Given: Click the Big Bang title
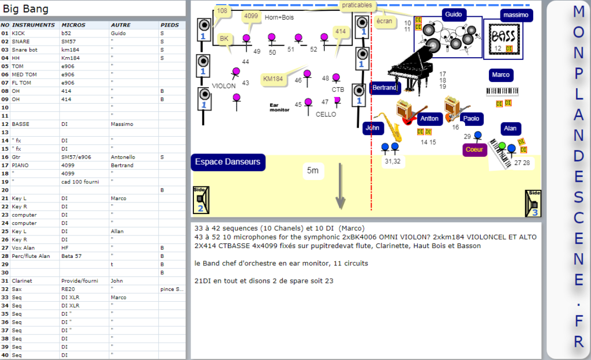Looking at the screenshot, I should point(25,9).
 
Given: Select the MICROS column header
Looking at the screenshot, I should point(73,25).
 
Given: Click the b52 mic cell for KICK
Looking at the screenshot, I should point(66,33).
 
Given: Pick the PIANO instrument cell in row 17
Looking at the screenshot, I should point(20,165).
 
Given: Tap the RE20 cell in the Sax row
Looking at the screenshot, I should point(69,288).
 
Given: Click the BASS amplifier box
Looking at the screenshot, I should point(502,37).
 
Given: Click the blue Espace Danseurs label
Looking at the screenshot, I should point(228,162).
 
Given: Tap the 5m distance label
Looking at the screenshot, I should point(312,170).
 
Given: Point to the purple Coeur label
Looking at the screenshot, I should point(474,149).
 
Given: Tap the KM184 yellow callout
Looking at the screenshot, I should point(273,79).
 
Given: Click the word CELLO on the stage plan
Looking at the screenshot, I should point(326,114).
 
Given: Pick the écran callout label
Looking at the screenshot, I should point(384,21).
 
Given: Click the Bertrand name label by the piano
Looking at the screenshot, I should point(384,88).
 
